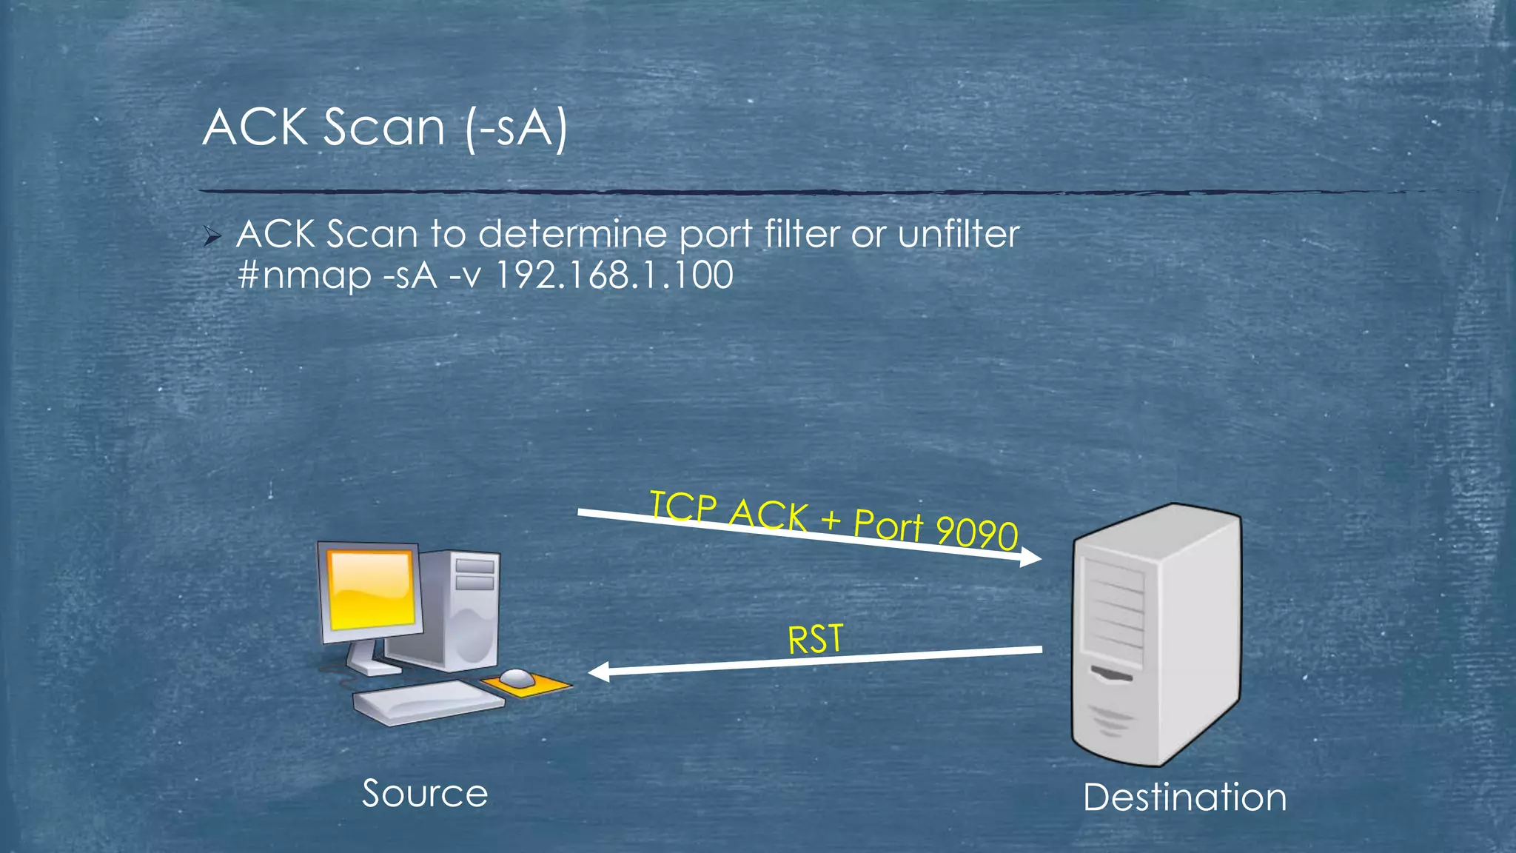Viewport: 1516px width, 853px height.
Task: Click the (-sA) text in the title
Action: pyautogui.click(x=517, y=128)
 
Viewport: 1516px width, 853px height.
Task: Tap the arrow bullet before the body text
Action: pyautogui.click(x=212, y=237)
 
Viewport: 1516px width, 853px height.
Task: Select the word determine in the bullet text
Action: pyautogui.click(x=573, y=235)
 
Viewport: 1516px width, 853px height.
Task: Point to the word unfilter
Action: pyautogui.click(x=959, y=235)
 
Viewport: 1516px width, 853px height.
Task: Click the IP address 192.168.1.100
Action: pyautogui.click(x=614, y=275)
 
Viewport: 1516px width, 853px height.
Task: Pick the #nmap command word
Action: pyautogui.click(x=304, y=276)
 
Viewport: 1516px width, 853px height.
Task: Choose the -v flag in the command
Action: pyautogui.click(x=466, y=276)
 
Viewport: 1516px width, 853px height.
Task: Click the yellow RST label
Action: pyautogui.click(x=815, y=639)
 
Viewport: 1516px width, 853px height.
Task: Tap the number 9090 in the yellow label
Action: pyautogui.click(x=976, y=531)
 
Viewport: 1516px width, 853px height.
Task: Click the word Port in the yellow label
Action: pyautogui.click(x=888, y=523)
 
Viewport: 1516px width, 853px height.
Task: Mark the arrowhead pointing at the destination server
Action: pyautogui.click(x=1031, y=557)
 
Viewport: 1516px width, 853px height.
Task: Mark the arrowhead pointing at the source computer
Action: pyautogui.click(x=598, y=672)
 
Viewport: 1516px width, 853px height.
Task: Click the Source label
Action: pyautogui.click(x=425, y=794)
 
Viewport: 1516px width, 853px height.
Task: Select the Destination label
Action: pyautogui.click(x=1184, y=797)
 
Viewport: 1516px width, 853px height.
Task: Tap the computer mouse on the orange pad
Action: pyautogui.click(x=516, y=677)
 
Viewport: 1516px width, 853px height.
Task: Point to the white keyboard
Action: pyautogui.click(x=428, y=700)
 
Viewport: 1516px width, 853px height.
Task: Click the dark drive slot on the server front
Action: pyautogui.click(x=1112, y=674)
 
